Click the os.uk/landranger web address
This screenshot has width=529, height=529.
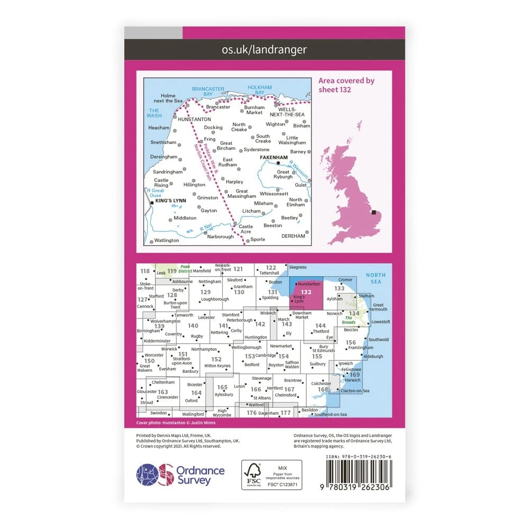(264, 50)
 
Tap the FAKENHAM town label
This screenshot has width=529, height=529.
(273, 157)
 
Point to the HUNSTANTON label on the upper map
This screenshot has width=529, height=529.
(195, 119)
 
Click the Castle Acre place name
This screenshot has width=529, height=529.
(246, 229)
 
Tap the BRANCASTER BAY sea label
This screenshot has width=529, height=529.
(206, 92)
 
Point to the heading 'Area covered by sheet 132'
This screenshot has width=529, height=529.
(346, 85)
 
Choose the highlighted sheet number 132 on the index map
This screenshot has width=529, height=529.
(306, 291)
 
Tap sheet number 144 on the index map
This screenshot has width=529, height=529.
(321, 326)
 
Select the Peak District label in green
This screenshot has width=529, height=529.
(185, 269)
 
